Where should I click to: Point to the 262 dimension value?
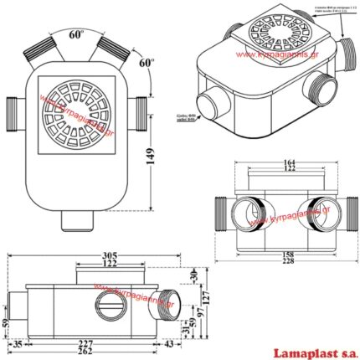tap(98, 352)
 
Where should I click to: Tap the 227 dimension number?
tap(98, 342)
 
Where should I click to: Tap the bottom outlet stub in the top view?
tap(79, 220)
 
